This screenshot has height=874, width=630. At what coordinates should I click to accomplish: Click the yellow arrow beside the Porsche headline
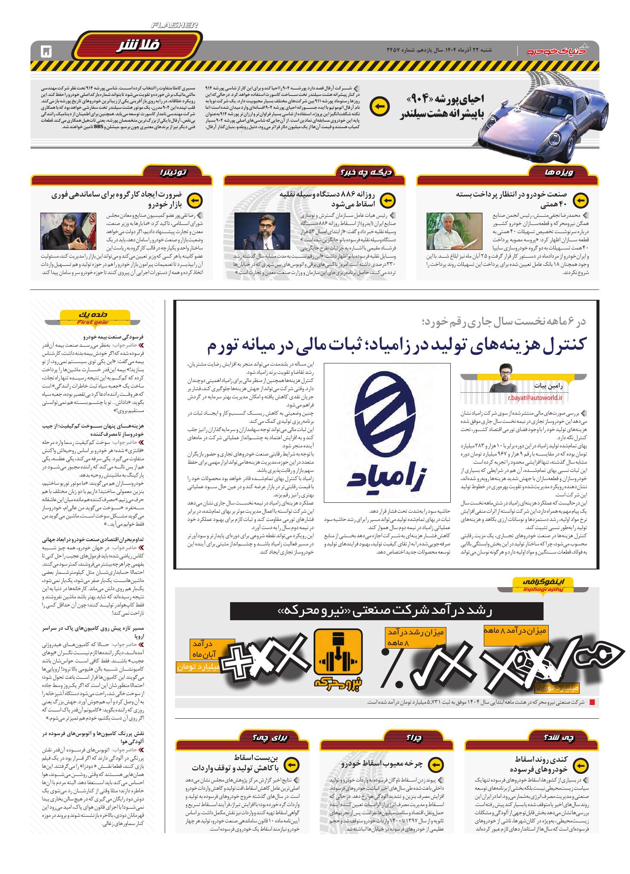tap(380, 107)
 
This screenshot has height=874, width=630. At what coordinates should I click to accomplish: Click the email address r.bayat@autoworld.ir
tap(535, 398)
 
